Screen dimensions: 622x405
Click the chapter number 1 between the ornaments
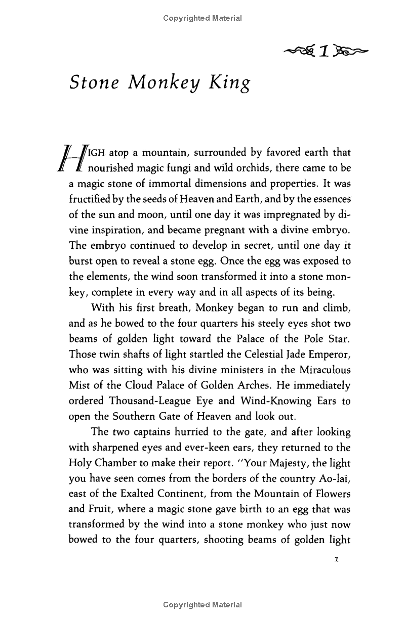[325, 51]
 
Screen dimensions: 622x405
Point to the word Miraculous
[326, 370]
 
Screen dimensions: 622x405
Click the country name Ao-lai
[335, 480]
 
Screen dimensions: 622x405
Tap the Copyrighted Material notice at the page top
[202, 18]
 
